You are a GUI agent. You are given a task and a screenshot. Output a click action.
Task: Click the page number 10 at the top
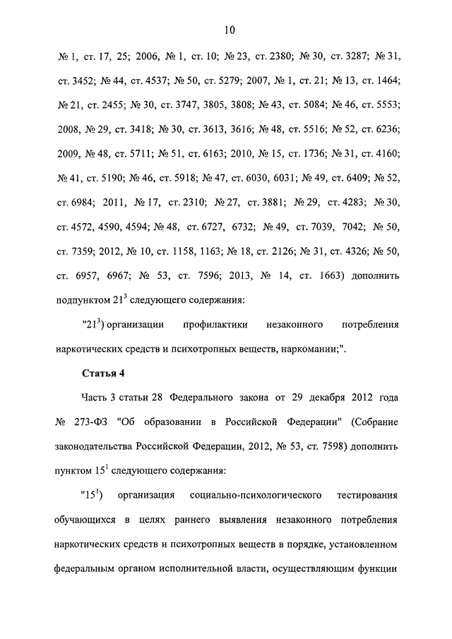pos(229,30)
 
